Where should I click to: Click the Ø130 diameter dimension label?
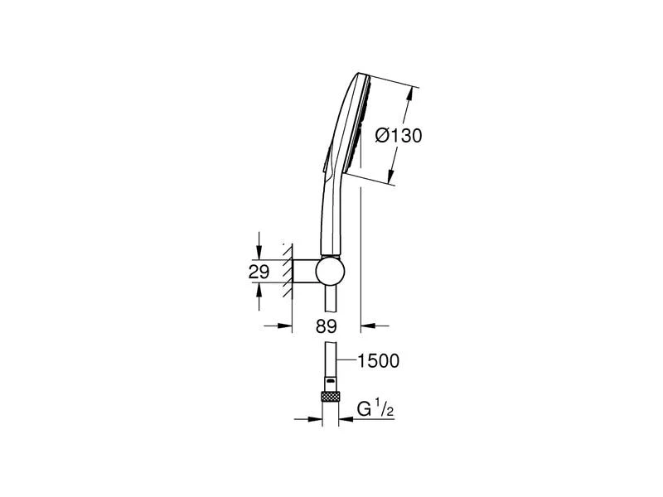pyautogui.click(x=399, y=136)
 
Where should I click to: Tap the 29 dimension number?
pyautogui.click(x=259, y=272)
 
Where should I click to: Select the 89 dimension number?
pyautogui.click(x=326, y=326)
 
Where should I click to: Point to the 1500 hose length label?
pyautogui.click(x=379, y=361)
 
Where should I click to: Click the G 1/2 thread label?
pyautogui.click(x=375, y=409)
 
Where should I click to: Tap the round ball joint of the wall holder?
pyautogui.click(x=330, y=271)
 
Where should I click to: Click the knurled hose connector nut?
pyautogui.click(x=330, y=397)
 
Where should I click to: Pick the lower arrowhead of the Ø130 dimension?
pyautogui.click(x=392, y=175)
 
